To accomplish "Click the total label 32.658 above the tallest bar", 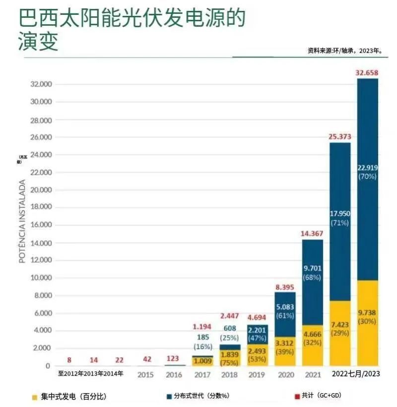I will [367, 73].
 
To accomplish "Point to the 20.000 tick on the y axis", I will [39, 190].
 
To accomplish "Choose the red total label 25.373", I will [340, 137].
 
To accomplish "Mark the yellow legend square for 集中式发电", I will [34, 397].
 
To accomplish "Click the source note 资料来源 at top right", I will [347, 51].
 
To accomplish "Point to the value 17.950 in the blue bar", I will [340, 214].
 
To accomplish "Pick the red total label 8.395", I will [285, 287].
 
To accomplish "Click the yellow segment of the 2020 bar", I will [285, 351].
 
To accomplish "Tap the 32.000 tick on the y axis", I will [39, 84].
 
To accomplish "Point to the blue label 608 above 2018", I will [229, 328].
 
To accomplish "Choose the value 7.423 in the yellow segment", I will [340, 324].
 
